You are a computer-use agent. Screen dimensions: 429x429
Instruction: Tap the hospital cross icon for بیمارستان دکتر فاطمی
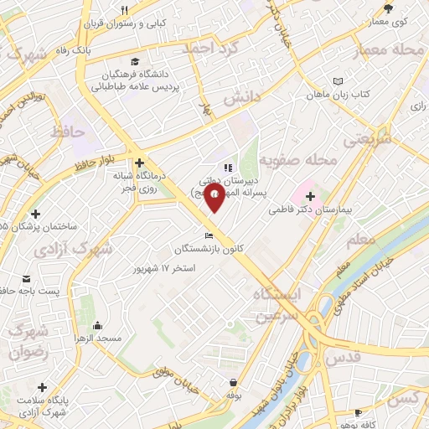coord(309,195)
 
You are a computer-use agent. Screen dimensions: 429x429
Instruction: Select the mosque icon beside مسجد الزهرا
coord(98,326)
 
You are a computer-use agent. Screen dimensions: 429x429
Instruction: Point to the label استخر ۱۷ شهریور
coord(164,268)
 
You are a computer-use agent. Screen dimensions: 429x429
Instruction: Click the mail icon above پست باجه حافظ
coord(26,278)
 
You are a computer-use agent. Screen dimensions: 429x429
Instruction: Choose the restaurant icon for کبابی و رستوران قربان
coord(124,10)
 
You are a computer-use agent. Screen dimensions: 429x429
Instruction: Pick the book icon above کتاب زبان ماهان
coord(338,81)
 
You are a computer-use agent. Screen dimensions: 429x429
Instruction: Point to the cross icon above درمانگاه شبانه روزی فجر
coord(139,163)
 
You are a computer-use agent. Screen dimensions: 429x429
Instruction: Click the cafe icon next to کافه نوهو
coord(359,413)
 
